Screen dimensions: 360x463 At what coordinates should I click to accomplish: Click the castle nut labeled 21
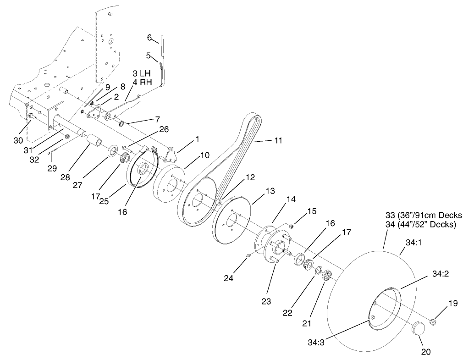327,276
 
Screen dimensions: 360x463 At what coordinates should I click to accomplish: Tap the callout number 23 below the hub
266,301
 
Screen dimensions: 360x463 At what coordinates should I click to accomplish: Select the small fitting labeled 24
248,256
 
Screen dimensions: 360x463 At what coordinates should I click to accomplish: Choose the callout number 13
257,190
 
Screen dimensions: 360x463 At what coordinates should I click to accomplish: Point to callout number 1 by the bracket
197,138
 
